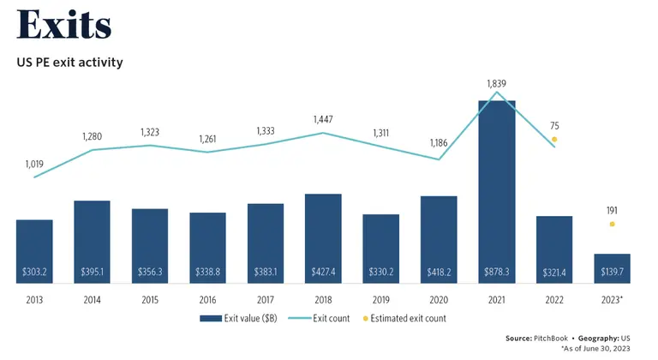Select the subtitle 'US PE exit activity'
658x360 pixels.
point(69,63)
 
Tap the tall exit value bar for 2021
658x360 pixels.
point(496,189)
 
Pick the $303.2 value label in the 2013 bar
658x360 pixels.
point(34,272)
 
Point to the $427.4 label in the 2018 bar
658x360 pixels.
point(323,272)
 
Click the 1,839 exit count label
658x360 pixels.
point(497,83)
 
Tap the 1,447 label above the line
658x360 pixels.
point(323,118)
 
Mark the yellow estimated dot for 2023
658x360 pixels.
point(612,225)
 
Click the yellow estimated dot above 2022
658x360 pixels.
point(554,139)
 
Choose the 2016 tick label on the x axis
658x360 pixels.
point(207,300)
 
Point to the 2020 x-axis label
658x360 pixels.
point(439,300)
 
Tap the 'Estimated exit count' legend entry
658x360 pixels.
point(403,318)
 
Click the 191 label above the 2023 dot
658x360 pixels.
point(612,210)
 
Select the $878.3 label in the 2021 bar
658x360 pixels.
point(496,272)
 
